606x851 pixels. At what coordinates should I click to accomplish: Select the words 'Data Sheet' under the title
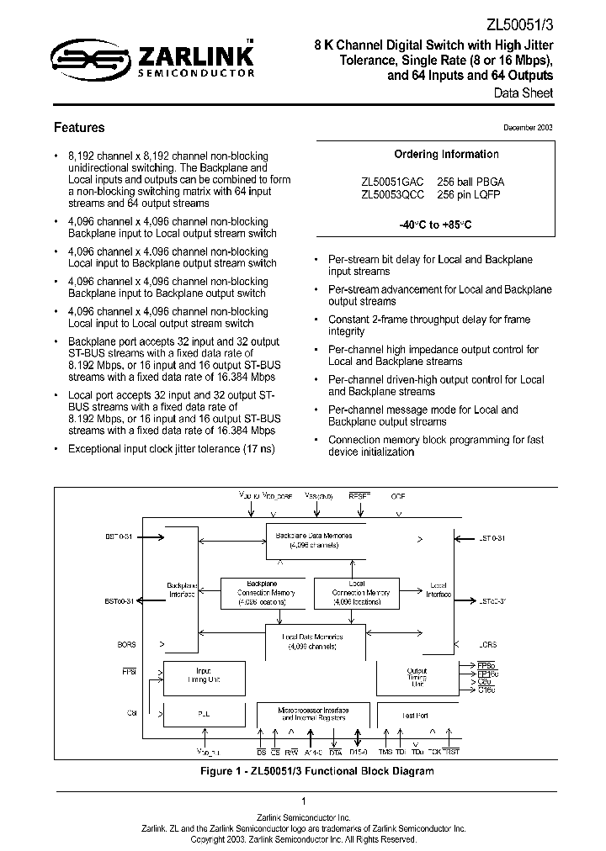click(524, 93)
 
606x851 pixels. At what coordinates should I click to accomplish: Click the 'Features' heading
click(79, 128)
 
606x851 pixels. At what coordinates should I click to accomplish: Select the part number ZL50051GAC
click(391, 182)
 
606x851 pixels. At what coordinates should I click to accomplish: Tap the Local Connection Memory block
click(355, 593)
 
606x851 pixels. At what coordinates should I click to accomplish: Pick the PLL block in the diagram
click(204, 714)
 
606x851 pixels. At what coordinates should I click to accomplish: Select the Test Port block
click(416, 715)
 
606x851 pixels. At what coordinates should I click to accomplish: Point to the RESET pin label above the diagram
click(359, 497)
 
